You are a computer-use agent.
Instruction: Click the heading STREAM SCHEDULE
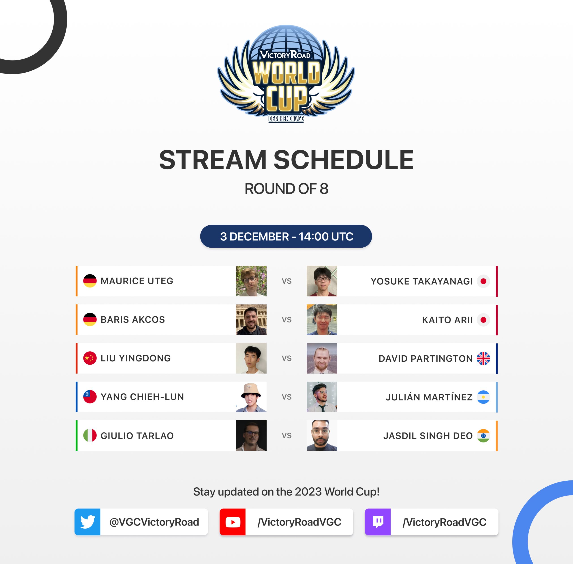click(x=286, y=160)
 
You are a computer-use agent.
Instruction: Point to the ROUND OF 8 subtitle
click(x=286, y=189)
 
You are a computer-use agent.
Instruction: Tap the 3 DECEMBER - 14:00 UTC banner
click(x=286, y=236)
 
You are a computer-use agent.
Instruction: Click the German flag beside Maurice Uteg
click(x=90, y=281)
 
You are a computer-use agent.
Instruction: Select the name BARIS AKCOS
click(x=133, y=320)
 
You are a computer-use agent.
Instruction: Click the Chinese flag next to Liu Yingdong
click(x=90, y=358)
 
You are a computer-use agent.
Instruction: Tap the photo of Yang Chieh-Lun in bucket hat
click(x=251, y=397)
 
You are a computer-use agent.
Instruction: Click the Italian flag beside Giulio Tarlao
click(x=90, y=435)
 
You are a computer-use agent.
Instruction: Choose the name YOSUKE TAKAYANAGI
click(x=422, y=281)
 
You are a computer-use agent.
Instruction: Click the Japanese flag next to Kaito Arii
click(x=483, y=320)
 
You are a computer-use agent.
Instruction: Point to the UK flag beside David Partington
click(x=483, y=359)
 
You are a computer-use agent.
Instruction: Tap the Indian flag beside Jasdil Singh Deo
click(x=483, y=436)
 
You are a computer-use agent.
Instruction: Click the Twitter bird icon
click(x=88, y=522)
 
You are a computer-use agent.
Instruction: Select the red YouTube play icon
click(x=233, y=522)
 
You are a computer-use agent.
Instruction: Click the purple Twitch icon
click(x=378, y=522)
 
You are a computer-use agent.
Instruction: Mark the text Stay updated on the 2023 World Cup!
click(x=286, y=492)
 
